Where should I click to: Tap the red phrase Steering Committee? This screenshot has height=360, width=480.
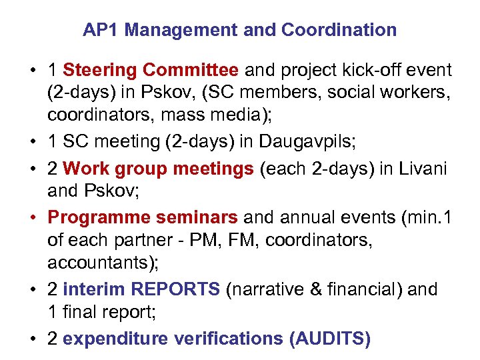tap(150, 70)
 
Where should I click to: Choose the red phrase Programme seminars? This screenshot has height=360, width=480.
tap(143, 217)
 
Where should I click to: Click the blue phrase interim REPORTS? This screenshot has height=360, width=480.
tap(141, 289)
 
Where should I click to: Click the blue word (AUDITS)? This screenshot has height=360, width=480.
tap(330, 339)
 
